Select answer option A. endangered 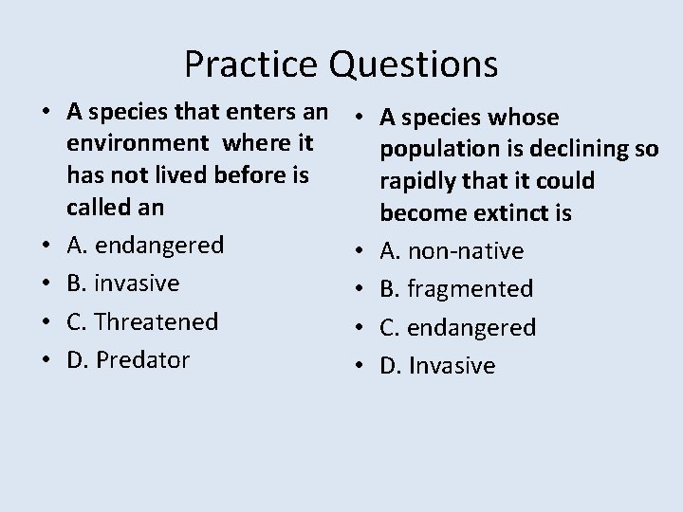(x=145, y=246)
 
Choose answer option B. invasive (x=123, y=283)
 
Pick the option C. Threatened (x=142, y=321)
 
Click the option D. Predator (x=128, y=359)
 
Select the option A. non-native (x=452, y=251)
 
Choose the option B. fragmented (x=456, y=289)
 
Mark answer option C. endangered (x=457, y=327)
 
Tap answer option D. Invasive (x=437, y=365)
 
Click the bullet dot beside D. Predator (x=46, y=360)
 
